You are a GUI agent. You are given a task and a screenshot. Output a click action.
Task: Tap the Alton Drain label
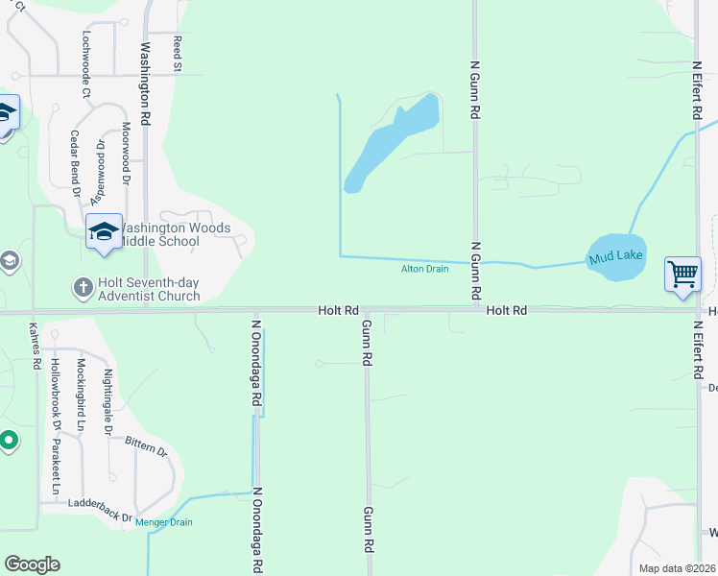[x=424, y=269]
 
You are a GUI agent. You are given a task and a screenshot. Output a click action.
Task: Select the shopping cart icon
[x=682, y=275]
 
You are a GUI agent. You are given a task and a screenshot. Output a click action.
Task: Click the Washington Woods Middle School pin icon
[x=104, y=231]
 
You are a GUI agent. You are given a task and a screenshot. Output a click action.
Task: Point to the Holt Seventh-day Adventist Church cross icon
[x=83, y=287]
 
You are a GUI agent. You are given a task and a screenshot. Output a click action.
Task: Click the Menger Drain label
[x=163, y=522]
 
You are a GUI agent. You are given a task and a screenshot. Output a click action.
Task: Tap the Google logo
[x=33, y=564]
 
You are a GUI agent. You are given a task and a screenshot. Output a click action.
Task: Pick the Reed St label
[x=178, y=55]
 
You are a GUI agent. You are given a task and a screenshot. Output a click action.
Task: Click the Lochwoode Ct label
[x=85, y=64]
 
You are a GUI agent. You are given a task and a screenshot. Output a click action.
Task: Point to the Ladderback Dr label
[x=100, y=509]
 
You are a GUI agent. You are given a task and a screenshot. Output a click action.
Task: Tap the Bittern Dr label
[x=146, y=446]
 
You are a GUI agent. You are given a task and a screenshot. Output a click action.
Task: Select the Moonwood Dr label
[x=125, y=153]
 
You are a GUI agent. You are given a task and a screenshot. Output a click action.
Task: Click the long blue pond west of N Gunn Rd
[x=391, y=144]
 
